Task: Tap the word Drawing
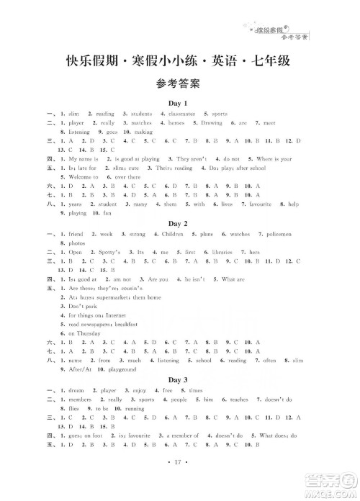pyautogui.click(x=212, y=123)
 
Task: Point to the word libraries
pyautogui.click(x=230, y=253)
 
